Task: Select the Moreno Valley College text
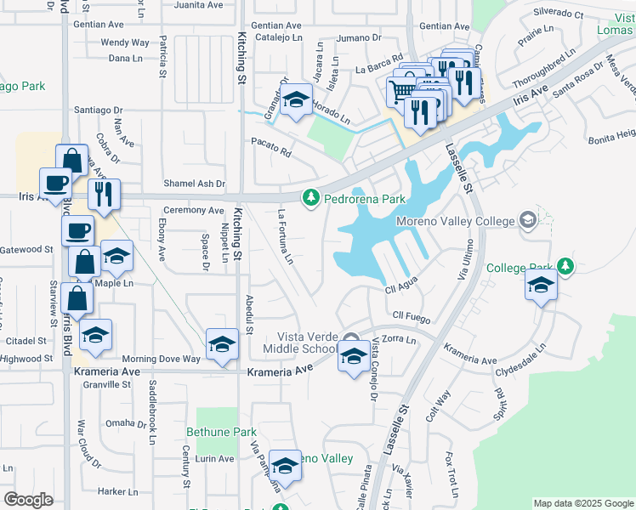click(x=456, y=222)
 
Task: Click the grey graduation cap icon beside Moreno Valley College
click(x=528, y=221)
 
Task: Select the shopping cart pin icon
click(x=401, y=90)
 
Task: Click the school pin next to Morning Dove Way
click(x=222, y=345)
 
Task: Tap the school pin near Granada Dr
click(x=296, y=102)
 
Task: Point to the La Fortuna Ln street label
click(x=286, y=235)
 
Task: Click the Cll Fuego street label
click(x=409, y=316)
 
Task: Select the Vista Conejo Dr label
click(x=373, y=370)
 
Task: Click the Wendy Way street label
click(x=125, y=42)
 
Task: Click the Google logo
click(x=29, y=499)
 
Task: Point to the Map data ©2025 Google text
click(x=582, y=503)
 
